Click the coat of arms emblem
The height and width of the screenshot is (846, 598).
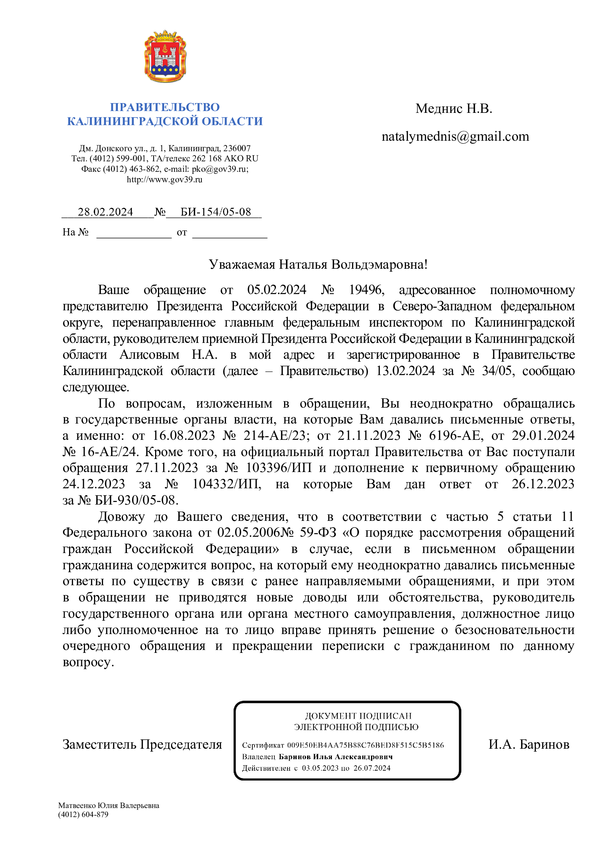[165, 56]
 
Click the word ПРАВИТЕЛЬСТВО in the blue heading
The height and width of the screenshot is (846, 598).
[165, 107]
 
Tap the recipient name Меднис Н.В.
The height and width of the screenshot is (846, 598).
[454, 109]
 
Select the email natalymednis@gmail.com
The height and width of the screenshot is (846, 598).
[455, 137]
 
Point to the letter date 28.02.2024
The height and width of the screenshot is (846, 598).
[105, 212]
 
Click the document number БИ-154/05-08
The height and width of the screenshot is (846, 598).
[215, 212]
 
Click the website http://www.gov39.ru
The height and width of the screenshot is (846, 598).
[165, 180]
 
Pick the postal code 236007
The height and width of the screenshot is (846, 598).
[237, 149]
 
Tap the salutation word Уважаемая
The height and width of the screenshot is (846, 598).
[242, 264]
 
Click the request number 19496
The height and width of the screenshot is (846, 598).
[366, 290]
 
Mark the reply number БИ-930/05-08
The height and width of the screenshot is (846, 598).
[136, 500]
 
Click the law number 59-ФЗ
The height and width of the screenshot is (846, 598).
[318, 533]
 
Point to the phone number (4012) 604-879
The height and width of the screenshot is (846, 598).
[83, 815]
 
